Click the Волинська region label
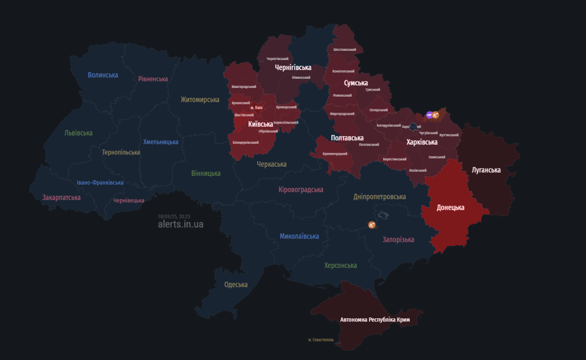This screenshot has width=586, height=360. click(x=103, y=75)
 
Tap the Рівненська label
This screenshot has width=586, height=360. click(x=153, y=79)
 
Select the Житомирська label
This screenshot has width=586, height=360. click(x=200, y=99)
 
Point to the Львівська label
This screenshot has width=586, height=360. click(x=78, y=133)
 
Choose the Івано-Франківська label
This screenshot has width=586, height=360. click(x=100, y=182)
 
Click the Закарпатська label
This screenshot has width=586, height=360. click(x=61, y=197)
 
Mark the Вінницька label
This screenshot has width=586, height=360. click(x=206, y=173)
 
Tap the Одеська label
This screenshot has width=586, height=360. click(x=236, y=284)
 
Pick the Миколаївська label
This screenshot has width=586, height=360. click(x=299, y=236)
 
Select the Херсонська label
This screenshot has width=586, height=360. click(x=340, y=265)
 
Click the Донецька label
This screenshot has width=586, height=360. click(x=450, y=207)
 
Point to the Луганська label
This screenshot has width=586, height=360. click(x=486, y=170)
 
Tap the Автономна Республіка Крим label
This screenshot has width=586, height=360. click(x=375, y=319)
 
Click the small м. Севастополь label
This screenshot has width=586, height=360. click(x=321, y=340)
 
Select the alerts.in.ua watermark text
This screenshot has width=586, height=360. click(x=180, y=224)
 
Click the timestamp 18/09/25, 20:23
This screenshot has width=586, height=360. click(x=174, y=216)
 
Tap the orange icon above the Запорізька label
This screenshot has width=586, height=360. click(x=372, y=224)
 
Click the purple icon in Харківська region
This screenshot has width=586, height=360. click(x=429, y=115)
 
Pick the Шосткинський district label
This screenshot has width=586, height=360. click(x=345, y=49)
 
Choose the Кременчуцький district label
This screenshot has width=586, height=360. click(x=335, y=153)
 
